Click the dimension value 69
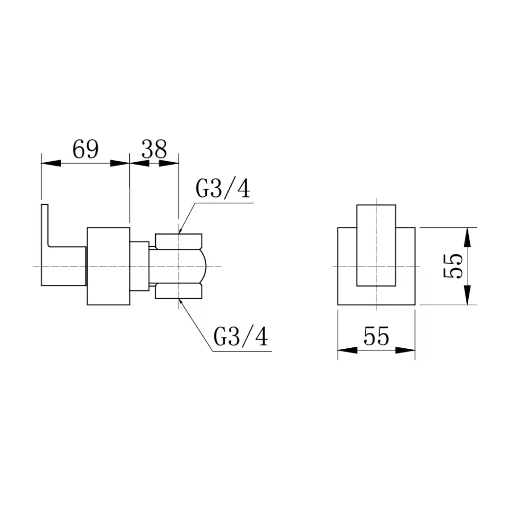(x=85, y=149)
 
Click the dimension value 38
(x=154, y=149)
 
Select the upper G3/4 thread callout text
(x=223, y=190)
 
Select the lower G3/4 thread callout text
(x=241, y=338)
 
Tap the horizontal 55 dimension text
(x=376, y=337)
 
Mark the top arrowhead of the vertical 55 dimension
(x=467, y=236)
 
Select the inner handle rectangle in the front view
(x=376, y=246)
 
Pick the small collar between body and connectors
(x=139, y=266)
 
